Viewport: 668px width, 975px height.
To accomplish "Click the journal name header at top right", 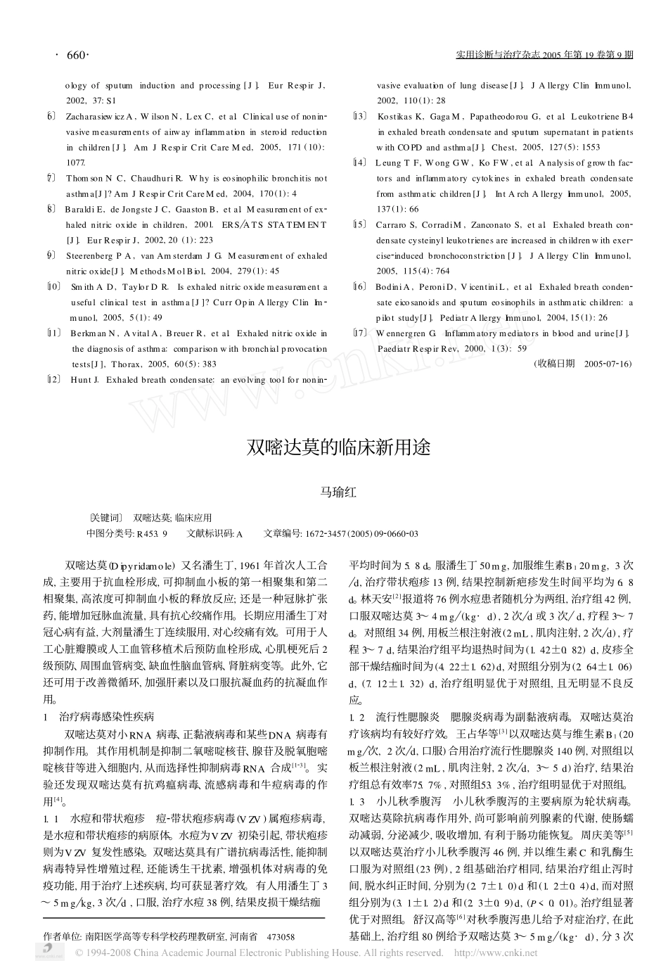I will click(544, 55).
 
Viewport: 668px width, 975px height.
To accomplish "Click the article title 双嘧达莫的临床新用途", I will click(338, 447).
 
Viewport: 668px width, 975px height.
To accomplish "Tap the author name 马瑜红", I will click(338, 492).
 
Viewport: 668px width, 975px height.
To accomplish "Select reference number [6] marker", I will click(51, 115).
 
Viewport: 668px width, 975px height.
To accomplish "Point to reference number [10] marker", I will click(53, 287).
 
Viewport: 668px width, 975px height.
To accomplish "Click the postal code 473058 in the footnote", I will click(281, 936).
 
